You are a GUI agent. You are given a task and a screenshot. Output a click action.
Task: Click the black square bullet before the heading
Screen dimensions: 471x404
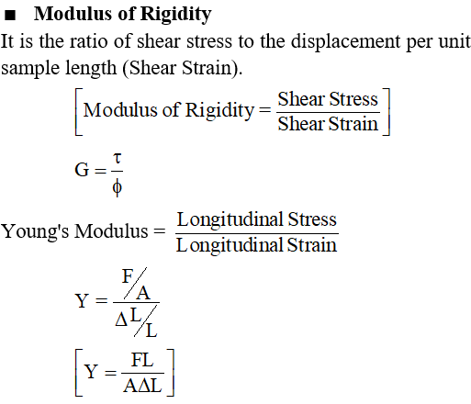tap(10, 15)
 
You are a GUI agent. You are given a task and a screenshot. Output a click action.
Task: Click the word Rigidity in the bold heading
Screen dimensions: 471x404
tap(176, 15)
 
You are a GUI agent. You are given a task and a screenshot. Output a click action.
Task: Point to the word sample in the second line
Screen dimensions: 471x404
tap(30, 69)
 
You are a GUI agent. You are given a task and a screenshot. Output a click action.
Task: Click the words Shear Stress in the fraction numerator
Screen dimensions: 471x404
tap(328, 99)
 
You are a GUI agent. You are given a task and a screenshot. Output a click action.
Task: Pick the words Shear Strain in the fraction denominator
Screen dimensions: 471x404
tap(328, 124)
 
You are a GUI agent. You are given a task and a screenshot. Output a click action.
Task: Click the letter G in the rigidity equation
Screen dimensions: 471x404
tap(82, 170)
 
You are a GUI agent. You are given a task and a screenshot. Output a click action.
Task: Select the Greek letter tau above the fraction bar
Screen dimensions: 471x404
tap(118, 158)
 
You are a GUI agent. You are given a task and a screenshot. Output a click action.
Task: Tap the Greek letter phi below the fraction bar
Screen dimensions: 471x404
tap(118, 187)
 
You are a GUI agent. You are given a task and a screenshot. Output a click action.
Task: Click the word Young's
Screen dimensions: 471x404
tap(35, 231)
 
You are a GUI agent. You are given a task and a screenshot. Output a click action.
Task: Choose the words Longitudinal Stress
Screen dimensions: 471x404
tap(257, 219)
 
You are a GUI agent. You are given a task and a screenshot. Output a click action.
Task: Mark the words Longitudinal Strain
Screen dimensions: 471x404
tap(257, 245)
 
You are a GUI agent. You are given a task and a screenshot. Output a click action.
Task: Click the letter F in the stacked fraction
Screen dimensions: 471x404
tap(128, 276)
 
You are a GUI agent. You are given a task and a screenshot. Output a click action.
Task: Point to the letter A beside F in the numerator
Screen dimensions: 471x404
tap(143, 294)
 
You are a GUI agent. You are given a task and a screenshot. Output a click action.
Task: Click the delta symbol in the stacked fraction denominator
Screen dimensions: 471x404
tap(121, 320)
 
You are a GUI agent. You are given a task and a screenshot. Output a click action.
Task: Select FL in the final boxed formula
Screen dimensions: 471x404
tap(142, 360)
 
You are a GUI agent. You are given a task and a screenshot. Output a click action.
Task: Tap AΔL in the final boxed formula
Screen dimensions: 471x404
tap(142, 386)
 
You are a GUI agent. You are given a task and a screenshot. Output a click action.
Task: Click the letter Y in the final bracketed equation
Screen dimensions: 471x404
tap(91, 372)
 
